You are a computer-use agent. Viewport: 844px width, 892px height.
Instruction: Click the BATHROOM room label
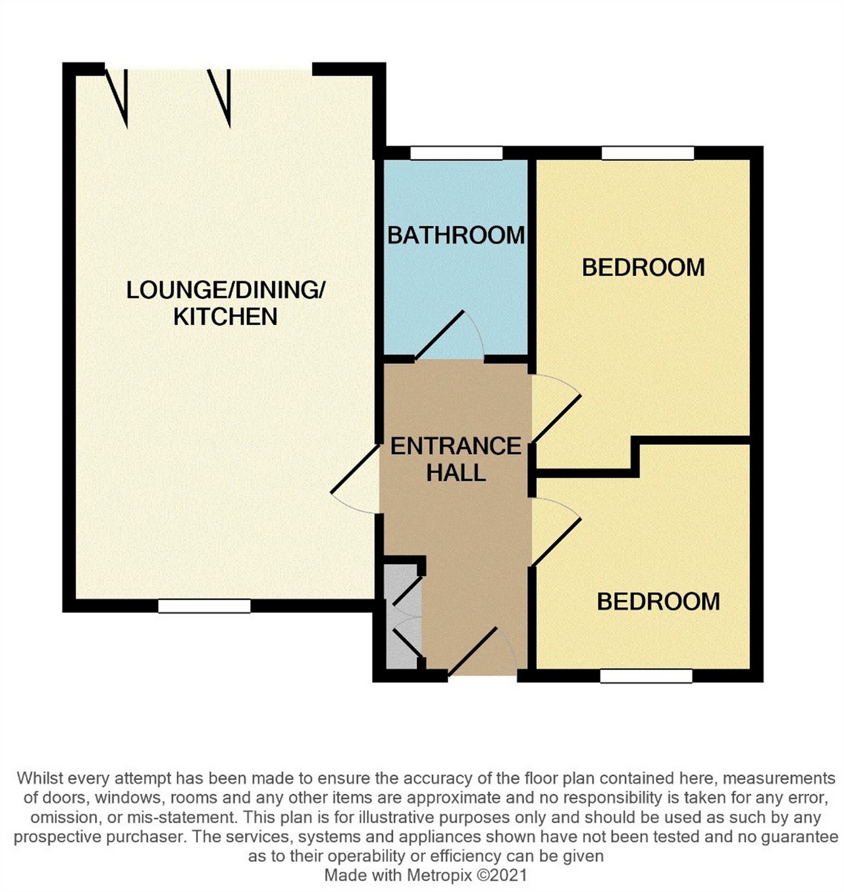point(456,236)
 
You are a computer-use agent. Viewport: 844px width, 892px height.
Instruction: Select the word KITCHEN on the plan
point(225,317)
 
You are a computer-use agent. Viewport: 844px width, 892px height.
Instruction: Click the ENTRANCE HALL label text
point(456,459)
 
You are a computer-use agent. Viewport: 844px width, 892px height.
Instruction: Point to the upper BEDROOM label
point(643,268)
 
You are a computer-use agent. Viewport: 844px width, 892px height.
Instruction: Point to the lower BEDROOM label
point(658,602)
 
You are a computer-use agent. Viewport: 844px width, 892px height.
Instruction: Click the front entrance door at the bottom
point(475,652)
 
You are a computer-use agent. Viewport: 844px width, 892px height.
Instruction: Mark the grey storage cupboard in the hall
point(400,616)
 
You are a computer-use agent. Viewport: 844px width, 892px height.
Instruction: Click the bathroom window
point(456,153)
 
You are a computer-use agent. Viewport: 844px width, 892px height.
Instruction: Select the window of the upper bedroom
point(648,153)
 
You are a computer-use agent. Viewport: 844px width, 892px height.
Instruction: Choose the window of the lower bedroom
point(646,676)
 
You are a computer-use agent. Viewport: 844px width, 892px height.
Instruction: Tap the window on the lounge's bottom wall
point(204,606)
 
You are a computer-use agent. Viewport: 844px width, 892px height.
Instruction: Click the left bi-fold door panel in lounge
point(118,97)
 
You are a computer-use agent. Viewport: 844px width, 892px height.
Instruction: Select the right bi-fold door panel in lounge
point(221,97)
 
